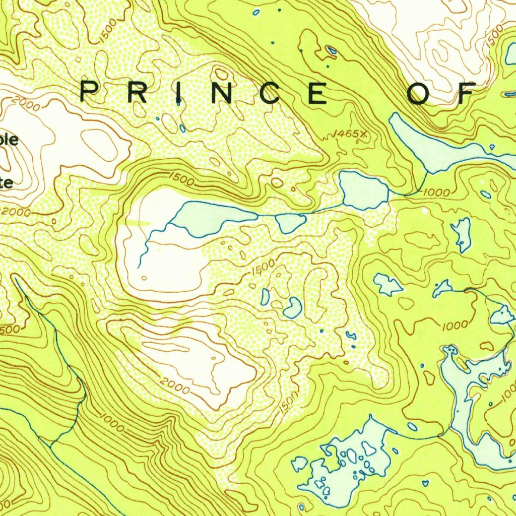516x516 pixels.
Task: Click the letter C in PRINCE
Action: pos(272,93)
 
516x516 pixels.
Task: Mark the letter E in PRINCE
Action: pos(318,93)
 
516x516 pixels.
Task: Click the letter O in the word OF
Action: pos(419,93)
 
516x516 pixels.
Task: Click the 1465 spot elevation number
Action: pos(345,134)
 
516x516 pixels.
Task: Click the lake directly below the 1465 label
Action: pos(363,190)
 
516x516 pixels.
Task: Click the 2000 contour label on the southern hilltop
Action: pos(175,385)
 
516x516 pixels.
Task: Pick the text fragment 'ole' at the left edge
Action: pos(10,140)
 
